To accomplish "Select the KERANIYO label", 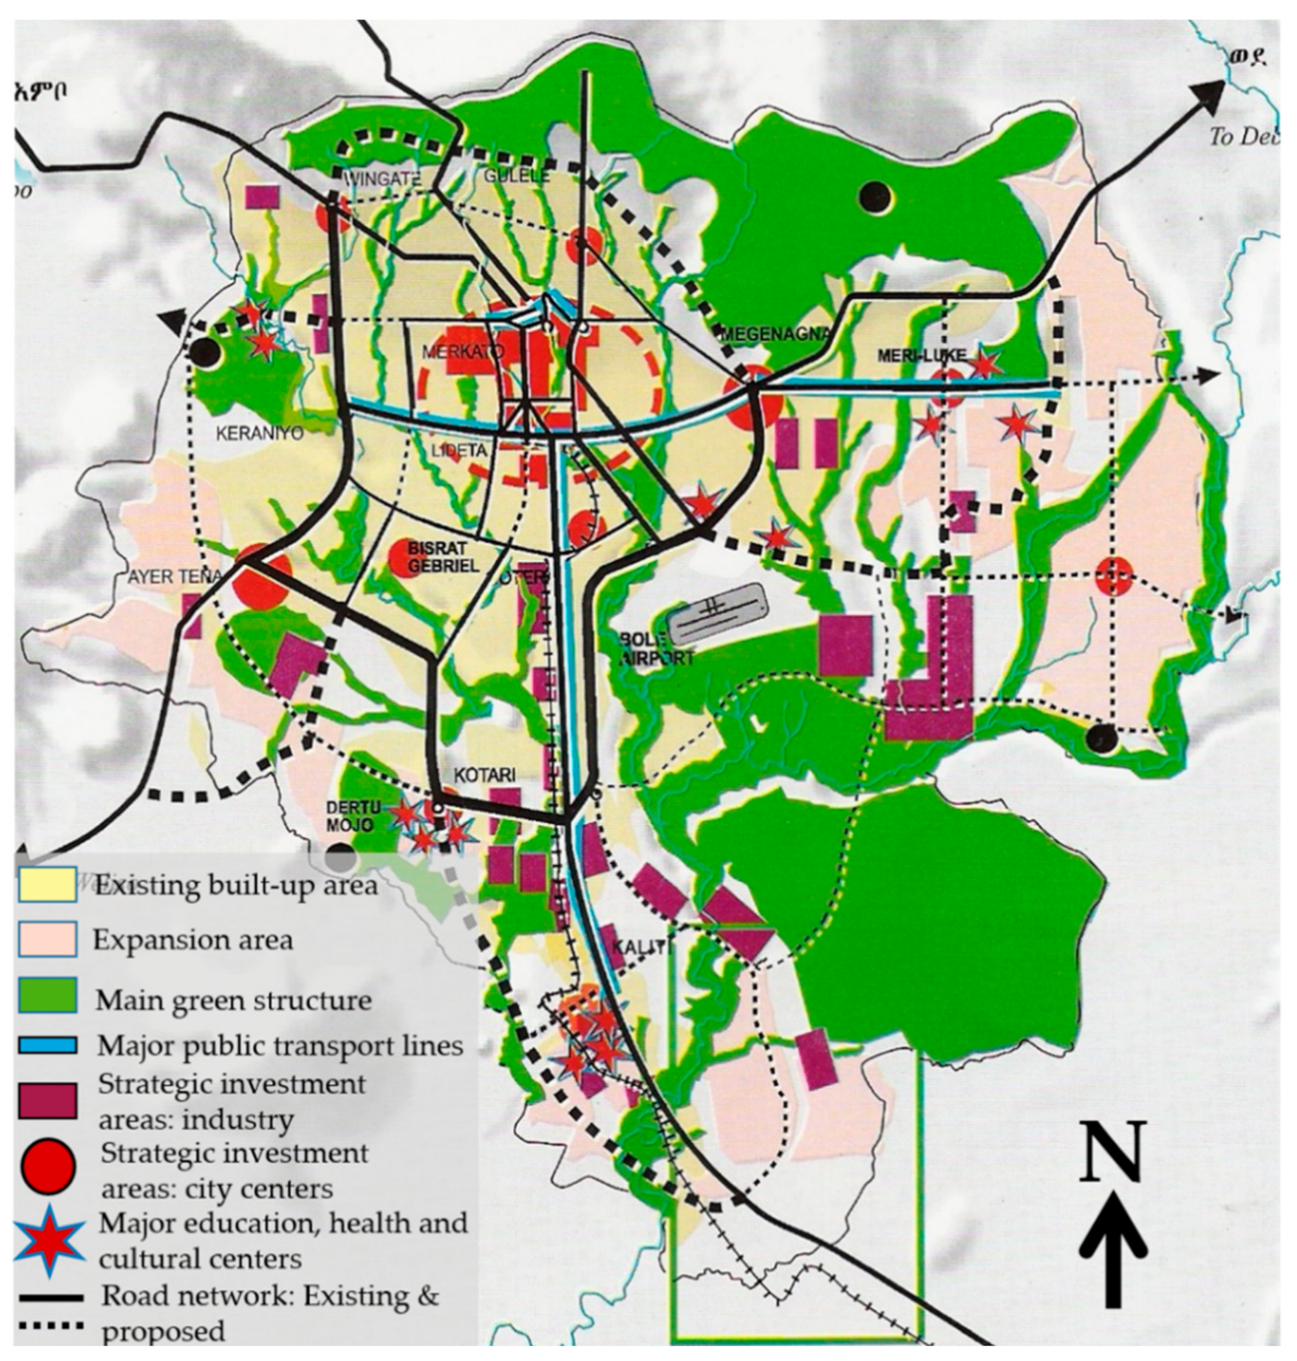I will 260,434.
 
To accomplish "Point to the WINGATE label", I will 374,178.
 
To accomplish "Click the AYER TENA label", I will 175,576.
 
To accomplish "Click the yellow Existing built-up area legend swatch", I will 47,884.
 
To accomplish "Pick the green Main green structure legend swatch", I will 47,996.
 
